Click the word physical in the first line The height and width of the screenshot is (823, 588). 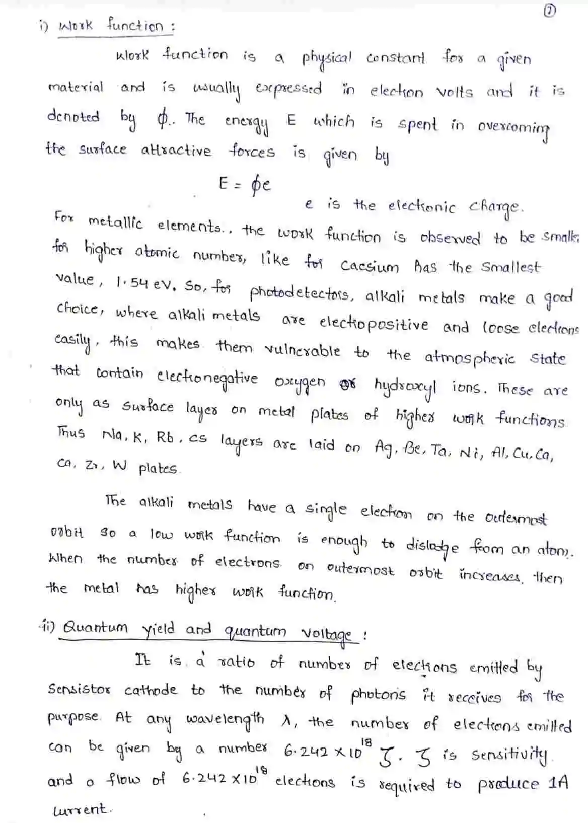pyautogui.click(x=327, y=59)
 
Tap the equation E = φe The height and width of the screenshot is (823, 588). pyautogui.click(x=245, y=185)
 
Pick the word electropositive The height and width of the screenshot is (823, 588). pyautogui.click(x=374, y=323)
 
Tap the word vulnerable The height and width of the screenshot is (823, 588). pyautogui.click(x=302, y=350)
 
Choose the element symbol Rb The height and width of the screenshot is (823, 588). pyautogui.click(x=165, y=437)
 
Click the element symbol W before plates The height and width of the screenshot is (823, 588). pyautogui.click(x=119, y=465)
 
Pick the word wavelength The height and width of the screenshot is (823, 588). pyautogui.click(x=225, y=718)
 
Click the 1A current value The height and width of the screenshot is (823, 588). pyautogui.click(x=558, y=783)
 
